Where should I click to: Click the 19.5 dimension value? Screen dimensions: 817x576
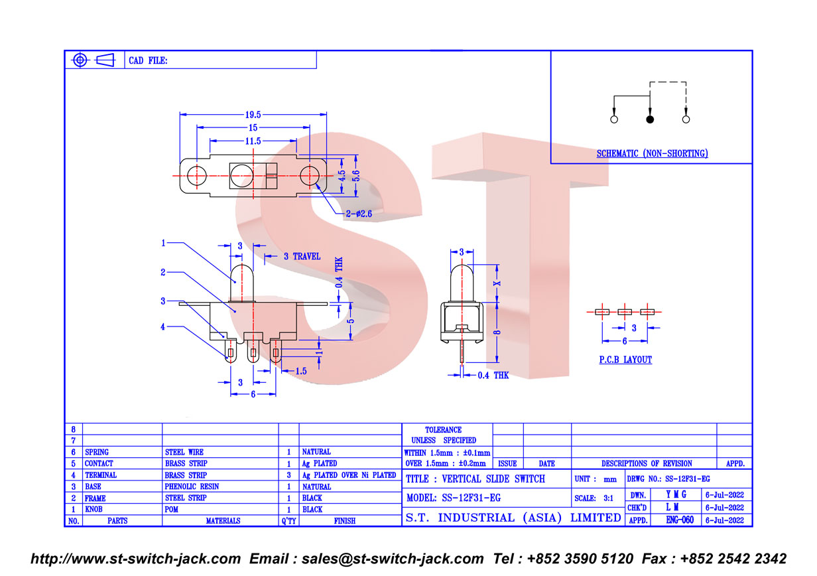(253, 115)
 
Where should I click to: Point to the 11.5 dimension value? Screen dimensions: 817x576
(253, 141)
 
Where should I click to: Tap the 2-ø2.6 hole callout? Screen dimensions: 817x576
(359, 214)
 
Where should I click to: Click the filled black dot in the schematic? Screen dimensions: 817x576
(650, 119)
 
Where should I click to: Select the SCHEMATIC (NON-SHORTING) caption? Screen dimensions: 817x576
(652, 153)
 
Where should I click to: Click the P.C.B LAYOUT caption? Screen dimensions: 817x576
(625, 360)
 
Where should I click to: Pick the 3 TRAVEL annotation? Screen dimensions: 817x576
(302, 256)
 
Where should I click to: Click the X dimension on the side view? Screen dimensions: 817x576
(497, 283)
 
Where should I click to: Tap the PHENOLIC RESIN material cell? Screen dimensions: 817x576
(192, 486)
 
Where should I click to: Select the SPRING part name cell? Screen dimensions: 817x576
(97, 452)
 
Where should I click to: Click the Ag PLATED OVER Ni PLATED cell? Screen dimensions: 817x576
(349, 475)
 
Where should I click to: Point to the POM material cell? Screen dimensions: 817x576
(171, 509)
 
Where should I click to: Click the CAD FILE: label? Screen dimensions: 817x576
(148, 60)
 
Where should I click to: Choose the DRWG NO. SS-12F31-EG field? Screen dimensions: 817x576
(668, 478)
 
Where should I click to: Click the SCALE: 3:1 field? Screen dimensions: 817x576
(594, 498)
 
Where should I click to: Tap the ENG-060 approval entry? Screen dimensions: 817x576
(680, 520)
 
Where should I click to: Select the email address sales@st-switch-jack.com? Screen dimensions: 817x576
(393, 559)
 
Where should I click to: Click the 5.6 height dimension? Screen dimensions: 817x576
(356, 176)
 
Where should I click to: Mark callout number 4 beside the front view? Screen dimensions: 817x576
(162, 326)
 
